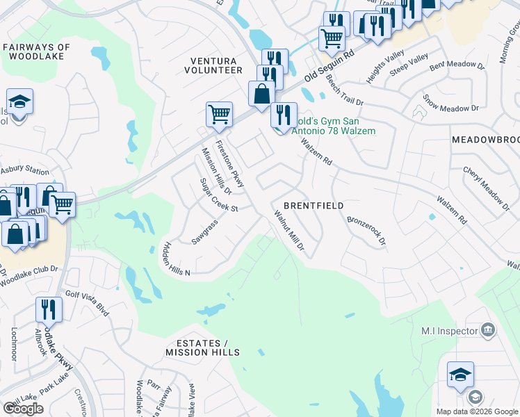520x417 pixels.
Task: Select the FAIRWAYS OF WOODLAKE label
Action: click(x=36, y=52)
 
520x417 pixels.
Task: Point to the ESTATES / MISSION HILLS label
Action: click(x=197, y=348)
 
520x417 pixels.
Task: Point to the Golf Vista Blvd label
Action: click(x=88, y=303)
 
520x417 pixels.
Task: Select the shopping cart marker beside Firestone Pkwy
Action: click(x=219, y=114)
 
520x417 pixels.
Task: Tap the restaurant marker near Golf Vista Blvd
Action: click(x=48, y=309)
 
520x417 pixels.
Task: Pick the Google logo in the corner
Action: click(x=24, y=408)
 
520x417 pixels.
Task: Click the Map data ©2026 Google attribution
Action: click(x=477, y=411)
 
